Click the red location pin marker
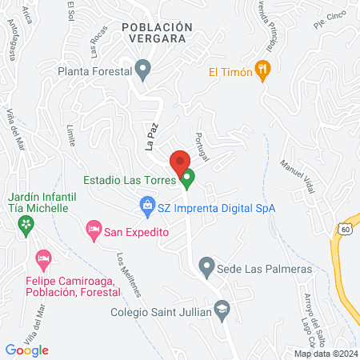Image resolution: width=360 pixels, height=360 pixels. (x=180, y=158)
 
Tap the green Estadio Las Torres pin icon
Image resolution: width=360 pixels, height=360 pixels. (x=188, y=179)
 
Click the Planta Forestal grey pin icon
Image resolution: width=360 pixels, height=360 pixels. (x=143, y=70)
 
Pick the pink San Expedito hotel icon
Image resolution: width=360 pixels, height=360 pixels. (x=94, y=230)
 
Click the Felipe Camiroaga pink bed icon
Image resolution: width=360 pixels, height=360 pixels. (x=43, y=259)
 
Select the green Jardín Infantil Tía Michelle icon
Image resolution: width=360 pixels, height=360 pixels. (x=29, y=225)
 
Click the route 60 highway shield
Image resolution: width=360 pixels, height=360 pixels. (x=345, y=229)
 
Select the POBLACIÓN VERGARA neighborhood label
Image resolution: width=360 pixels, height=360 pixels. (x=158, y=33)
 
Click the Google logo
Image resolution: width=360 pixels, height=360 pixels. (x=27, y=350)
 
